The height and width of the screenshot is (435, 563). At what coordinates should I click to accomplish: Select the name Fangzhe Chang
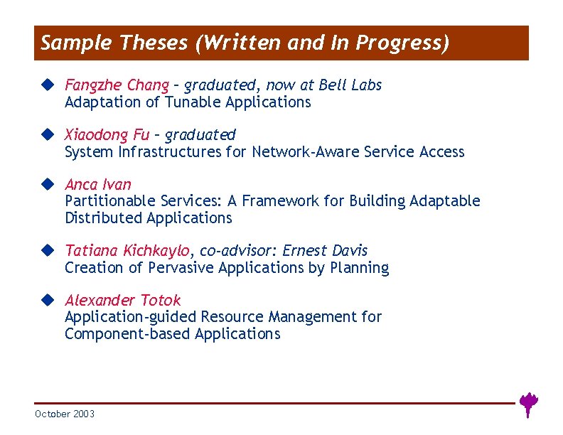117,85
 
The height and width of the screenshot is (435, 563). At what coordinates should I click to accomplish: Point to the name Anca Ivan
98,184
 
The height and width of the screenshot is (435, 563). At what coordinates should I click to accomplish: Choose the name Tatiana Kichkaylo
127,250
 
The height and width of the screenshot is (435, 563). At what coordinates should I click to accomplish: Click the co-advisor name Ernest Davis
325,250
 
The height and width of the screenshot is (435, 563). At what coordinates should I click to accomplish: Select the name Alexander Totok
122,300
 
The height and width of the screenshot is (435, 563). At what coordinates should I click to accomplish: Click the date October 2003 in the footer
64,414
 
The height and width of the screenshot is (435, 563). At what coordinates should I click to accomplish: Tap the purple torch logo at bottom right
527,404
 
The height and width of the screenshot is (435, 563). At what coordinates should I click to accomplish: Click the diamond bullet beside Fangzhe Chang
47,85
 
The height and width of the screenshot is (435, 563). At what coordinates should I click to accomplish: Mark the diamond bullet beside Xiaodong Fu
47,134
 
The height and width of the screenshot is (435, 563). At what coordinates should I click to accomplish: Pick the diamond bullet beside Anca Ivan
47,183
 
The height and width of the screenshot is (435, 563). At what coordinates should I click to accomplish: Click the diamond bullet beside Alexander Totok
47,299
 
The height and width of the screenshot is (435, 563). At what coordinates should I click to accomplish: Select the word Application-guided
131,317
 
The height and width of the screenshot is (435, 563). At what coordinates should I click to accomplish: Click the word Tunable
193,102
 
